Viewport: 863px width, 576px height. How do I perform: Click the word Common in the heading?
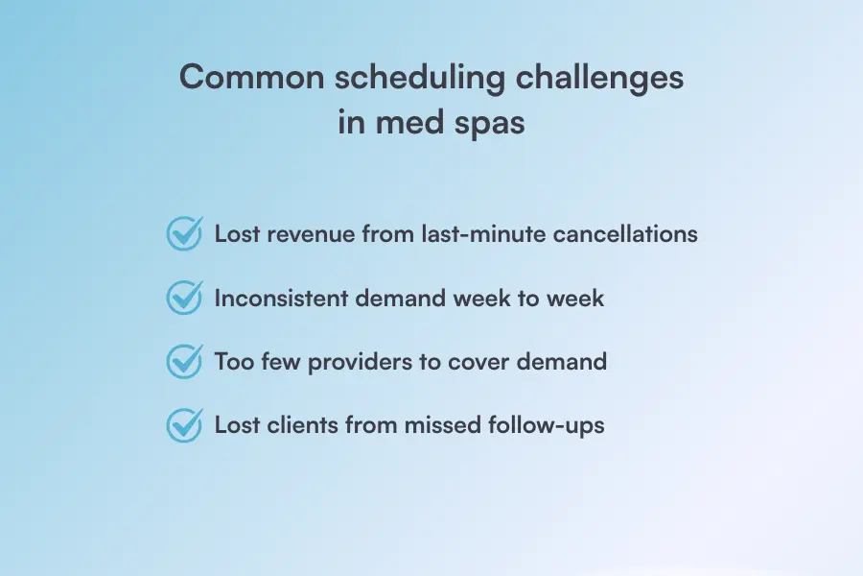click(252, 77)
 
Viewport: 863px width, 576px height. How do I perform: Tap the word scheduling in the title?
click(420, 78)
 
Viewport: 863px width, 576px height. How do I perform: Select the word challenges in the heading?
click(599, 78)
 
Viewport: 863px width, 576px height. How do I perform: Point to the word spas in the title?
click(489, 123)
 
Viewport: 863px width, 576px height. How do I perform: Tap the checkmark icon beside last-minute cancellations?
click(184, 233)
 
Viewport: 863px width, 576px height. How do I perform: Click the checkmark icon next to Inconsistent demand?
click(184, 297)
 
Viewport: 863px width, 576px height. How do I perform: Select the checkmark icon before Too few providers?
click(184, 362)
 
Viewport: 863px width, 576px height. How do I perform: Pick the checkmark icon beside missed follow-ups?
click(184, 425)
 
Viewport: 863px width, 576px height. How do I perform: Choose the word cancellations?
click(625, 233)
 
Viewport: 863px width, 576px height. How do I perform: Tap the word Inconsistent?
click(281, 299)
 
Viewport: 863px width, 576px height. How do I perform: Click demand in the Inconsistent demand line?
click(401, 299)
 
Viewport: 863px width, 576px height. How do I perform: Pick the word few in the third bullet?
click(281, 362)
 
